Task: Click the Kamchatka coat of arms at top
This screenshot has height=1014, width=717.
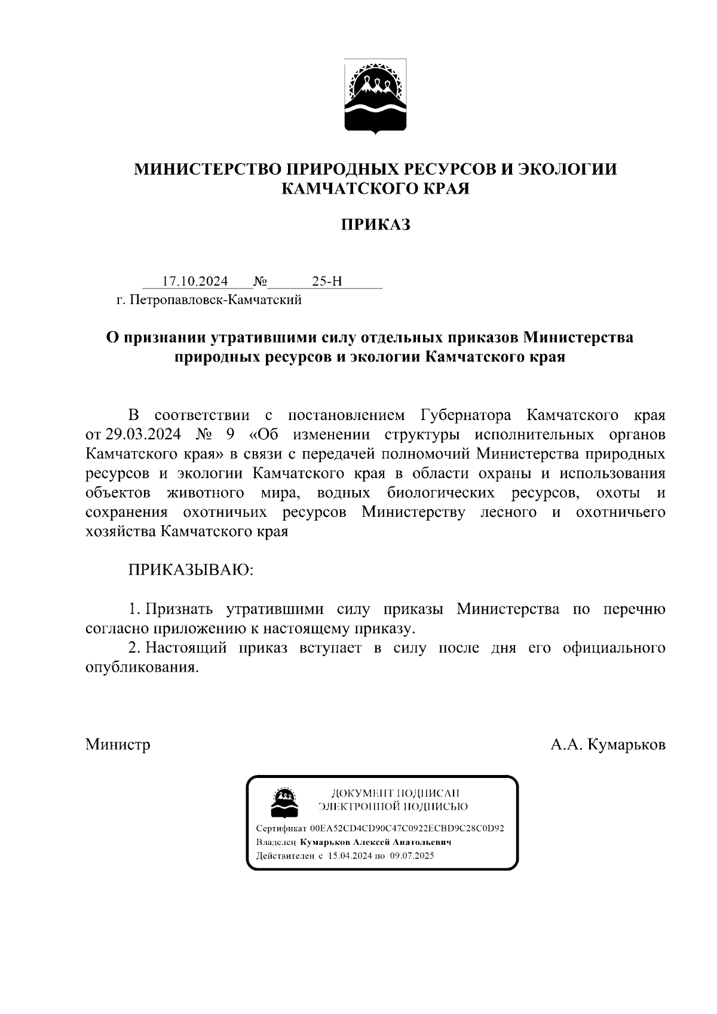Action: pos(375,96)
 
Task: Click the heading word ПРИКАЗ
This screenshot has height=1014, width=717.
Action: pos(375,225)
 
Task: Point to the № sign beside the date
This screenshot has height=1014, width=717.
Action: pos(260,281)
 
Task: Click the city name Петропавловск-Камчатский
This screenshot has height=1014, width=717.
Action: pos(217,300)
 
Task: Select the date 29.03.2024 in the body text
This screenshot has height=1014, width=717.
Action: pos(143,434)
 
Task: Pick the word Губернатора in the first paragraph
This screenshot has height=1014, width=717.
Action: pos(467,415)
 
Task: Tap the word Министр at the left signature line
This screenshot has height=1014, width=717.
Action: pos(118,745)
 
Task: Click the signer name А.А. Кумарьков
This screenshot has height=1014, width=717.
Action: pos(608,745)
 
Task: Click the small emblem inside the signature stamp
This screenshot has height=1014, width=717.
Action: pos(285,802)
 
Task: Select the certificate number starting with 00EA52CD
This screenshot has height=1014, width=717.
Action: pos(407,829)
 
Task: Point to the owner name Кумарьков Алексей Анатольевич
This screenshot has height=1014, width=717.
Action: pos(375,842)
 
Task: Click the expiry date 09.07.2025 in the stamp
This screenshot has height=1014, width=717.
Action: pos(412,856)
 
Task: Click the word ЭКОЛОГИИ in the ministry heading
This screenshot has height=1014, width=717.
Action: pos(566,169)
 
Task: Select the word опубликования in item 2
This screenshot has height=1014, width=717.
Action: pos(141,667)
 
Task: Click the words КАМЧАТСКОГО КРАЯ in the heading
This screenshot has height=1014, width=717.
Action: pos(375,189)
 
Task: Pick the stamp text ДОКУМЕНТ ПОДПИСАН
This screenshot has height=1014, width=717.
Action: pos(395,794)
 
